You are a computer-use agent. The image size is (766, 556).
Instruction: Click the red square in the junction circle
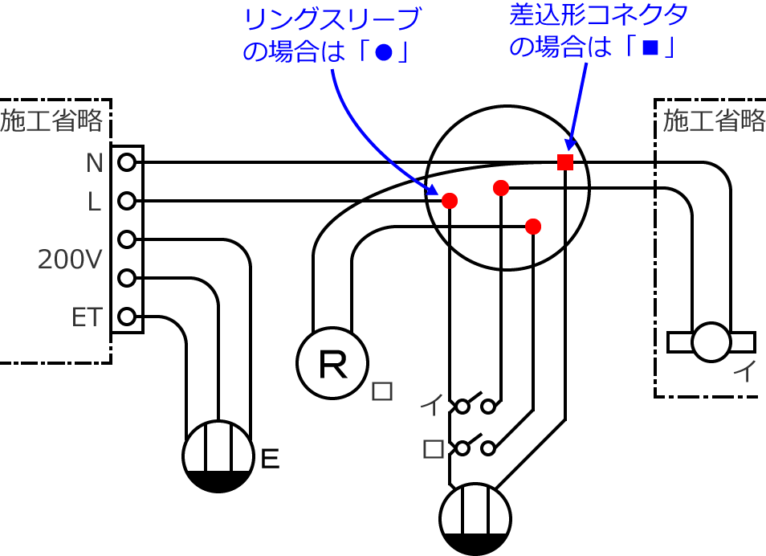coord(565,162)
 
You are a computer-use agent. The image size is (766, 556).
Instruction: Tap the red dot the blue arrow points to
coord(450,200)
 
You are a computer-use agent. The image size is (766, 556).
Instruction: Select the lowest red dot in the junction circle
coord(533,226)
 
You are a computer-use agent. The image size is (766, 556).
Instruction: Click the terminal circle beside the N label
coord(127,162)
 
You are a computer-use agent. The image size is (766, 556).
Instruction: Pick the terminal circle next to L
coord(127,201)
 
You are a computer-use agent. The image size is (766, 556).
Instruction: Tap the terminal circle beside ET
coord(127,317)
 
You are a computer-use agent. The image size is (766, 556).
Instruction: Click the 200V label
coord(69,260)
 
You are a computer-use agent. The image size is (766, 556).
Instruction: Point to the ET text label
coord(88,317)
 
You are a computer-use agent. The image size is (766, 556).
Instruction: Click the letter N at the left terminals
coord(95,163)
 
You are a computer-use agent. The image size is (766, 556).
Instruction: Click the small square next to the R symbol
coord(382,391)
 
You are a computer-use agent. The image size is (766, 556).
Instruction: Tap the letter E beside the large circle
coord(271,460)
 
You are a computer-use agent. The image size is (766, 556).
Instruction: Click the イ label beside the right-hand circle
coord(746,372)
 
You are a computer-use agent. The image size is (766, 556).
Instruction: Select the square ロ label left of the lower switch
coord(433,448)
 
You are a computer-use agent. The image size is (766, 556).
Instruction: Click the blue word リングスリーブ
coord(332,18)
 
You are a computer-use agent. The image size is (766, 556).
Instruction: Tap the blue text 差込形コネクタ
coord(601,15)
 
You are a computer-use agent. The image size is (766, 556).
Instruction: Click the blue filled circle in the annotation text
coord(384,51)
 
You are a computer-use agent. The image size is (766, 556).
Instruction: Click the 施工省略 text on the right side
coord(714,121)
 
